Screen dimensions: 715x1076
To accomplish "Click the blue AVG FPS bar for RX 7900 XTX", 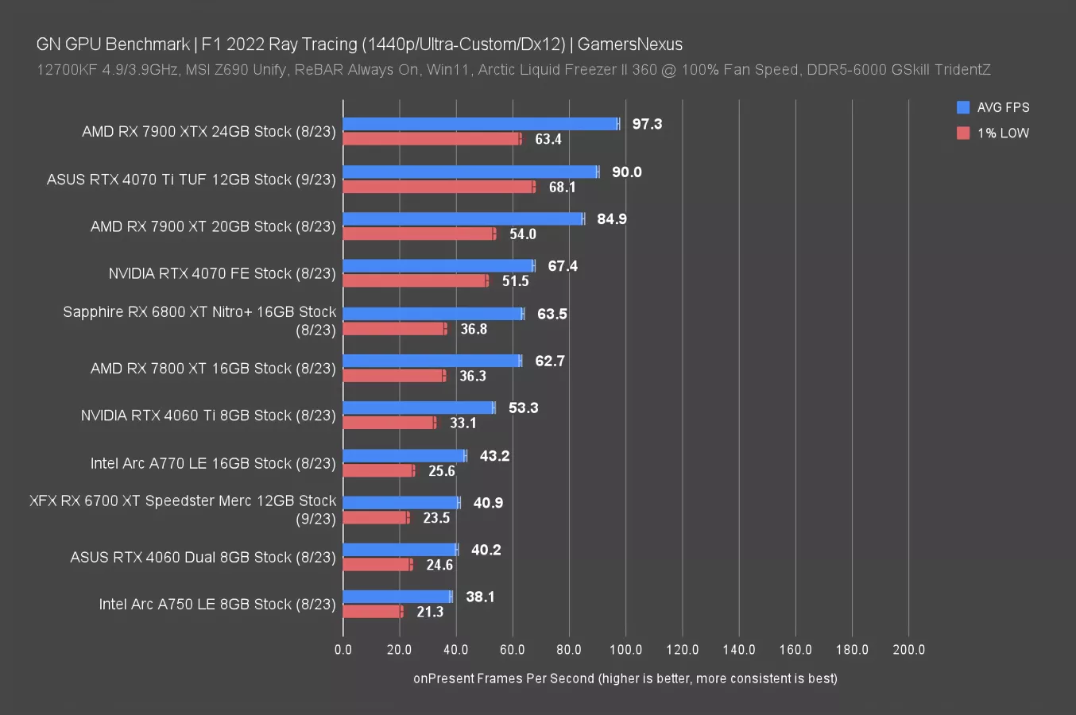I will click(480, 124).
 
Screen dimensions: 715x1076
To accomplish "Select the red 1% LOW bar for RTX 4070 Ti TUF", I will click(438, 187).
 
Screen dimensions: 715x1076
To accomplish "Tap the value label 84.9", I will click(611, 218).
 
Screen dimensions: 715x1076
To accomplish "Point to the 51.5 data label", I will click(515, 281).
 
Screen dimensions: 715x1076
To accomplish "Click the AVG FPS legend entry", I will click(993, 108).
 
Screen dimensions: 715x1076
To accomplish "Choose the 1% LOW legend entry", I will click(993, 133).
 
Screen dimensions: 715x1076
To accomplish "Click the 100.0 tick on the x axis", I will click(625, 650).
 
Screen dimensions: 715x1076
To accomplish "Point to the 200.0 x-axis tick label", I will click(908, 650).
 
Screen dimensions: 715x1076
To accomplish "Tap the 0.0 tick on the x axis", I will click(343, 650).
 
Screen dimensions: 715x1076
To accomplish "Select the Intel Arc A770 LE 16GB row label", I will click(213, 463).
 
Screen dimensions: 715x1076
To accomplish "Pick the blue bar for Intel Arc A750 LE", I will click(397, 597).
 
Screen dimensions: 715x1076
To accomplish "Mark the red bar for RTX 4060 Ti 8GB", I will click(389, 423).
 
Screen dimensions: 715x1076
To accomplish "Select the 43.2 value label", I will click(494, 456).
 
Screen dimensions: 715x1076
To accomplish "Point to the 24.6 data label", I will click(439, 565).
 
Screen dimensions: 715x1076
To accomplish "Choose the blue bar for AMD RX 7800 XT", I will click(432, 361).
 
